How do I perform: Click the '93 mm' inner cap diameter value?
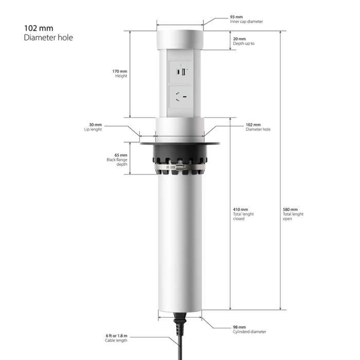point(236,17)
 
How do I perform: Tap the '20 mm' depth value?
point(239,39)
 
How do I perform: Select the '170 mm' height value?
point(120,71)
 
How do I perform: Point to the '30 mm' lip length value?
point(95,125)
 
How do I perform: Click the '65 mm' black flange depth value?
point(121,155)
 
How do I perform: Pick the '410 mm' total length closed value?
point(240,209)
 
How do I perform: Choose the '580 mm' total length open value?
point(290,209)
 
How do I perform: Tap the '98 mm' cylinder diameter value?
point(239,327)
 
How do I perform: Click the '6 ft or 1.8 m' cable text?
point(116,336)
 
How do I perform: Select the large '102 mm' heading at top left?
point(39,28)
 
